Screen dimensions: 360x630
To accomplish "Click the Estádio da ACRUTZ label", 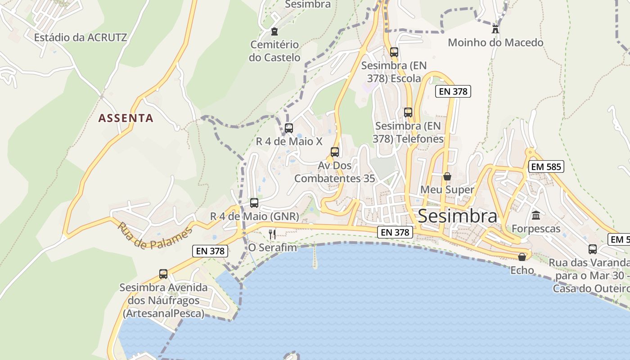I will click(81, 37).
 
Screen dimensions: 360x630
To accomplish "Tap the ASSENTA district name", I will click(126, 118).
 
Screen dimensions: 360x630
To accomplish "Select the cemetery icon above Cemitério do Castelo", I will click(274, 31).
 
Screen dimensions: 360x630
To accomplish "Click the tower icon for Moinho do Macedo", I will click(495, 29).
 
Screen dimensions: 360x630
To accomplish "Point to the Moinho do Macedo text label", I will click(495, 43).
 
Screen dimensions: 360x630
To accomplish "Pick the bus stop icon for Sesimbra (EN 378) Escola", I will click(394, 52).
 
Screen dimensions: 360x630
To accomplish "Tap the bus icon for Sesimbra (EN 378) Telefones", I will click(408, 112).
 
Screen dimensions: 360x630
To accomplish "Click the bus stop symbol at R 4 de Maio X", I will click(289, 128).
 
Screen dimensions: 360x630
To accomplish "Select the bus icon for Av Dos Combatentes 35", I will click(335, 152).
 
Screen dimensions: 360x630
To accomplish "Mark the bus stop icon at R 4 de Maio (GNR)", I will click(254, 203).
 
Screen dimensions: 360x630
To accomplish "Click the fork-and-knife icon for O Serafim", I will click(272, 234).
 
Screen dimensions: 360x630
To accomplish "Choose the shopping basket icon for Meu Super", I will click(447, 176).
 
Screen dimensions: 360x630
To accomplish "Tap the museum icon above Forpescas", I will click(536, 216).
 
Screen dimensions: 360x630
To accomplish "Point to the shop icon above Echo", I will click(522, 257).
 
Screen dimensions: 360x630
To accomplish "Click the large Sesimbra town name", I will click(458, 216).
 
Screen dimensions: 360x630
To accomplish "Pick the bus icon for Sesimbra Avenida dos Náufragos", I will click(163, 274).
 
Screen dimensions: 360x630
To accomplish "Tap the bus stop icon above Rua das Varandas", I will click(593, 249).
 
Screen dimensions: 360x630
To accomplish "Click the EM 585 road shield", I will click(546, 166).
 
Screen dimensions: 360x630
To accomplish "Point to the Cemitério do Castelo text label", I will click(274, 51).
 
